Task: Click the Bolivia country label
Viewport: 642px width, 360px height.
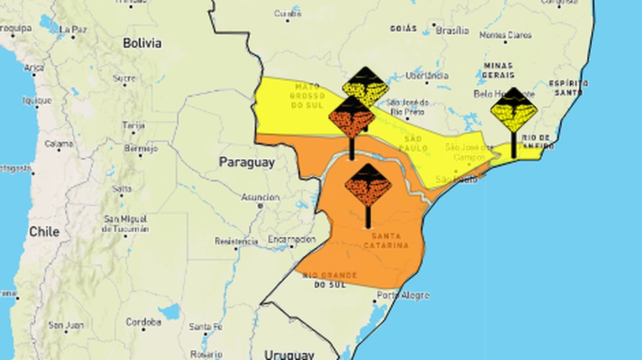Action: point(142,43)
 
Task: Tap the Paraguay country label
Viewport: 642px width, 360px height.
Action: point(247,162)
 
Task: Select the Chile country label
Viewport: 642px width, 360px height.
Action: point(44,232)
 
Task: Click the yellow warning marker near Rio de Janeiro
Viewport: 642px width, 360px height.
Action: point(513,110)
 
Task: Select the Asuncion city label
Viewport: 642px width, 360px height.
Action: point(260,198)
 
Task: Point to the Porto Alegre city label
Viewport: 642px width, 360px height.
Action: point(403,295)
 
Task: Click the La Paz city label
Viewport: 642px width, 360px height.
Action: point(73,29)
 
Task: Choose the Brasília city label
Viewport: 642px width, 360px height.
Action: point(452,31)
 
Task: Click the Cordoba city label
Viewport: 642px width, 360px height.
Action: point(144,322)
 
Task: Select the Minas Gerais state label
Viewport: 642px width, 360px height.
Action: point(499,70)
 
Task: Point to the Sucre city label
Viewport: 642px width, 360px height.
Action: point(124,78)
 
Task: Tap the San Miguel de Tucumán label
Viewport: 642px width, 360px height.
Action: point(126,223)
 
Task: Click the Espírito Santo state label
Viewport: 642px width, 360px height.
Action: point(568,88)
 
